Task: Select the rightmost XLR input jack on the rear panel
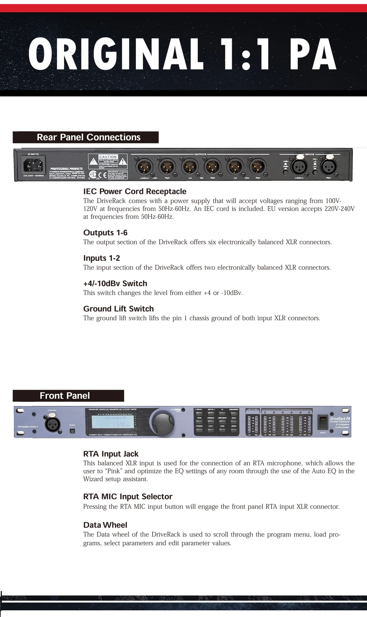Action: pyautogui.click(x=328, y=167)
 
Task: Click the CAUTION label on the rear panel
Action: pyautogui.click(x=108, y=157)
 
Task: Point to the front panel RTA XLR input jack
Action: pyautogui.click(x=53, y=423)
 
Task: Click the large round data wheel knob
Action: pyautogui.click(x=162, y=421)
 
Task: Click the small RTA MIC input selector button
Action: pyautogui.click(x=72, y=431)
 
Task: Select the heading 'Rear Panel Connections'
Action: pyautogui.click(x=89, y=137)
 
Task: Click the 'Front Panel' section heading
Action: pyautogui.click(x=65, y=396)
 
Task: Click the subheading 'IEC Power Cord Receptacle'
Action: pyautogui.click(x=135, y=191)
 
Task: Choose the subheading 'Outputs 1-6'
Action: pyautogui.click(x=105, y=232)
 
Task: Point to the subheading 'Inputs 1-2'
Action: pyautogui.click(x=101, y=258)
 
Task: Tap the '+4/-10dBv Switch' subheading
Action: pyautogui.click(x=115, y=283)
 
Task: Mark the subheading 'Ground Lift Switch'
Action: pyautogui.click(x=119, y=308)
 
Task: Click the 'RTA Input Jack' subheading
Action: pyautogui.click(x=111, y=454)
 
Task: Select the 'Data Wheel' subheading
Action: pyautogui.click(x=105, y=525)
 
